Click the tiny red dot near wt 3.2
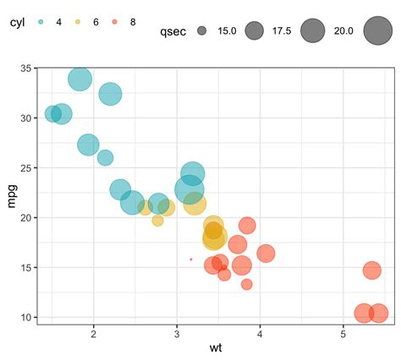tap(191, 259)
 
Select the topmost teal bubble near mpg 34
tap(80, 79)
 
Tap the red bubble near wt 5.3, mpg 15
tap(372, 270)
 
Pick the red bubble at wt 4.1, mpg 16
tap(266, 254)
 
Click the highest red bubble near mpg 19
tap(247, 226)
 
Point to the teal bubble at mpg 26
tap(106, 157)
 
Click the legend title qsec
tap(173, 32)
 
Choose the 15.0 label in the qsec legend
tap(227, 32)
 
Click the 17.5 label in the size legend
tap(282, 32)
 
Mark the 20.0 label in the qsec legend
tap(343, 32)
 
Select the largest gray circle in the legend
tap(377, 31)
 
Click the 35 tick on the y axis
tap(26, 68)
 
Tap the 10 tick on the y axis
tap(26, 318)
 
